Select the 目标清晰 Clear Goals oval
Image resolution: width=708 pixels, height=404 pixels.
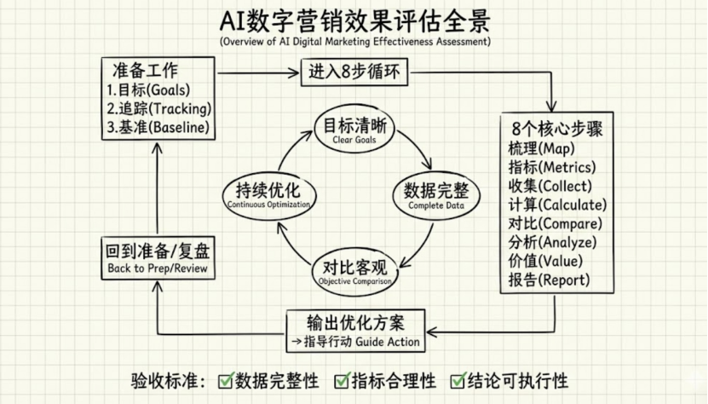(x=354, y=130)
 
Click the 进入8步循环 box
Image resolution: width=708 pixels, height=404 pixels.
(x=354, y=73)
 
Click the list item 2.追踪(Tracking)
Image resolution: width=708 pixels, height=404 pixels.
(x=159, y=109)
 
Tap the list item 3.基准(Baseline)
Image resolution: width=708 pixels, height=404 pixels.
(x=159, y=129)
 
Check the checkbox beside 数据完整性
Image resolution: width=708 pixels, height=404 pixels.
(x=227, y=380)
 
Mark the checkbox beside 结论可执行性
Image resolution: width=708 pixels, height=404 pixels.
(x=458, y=380)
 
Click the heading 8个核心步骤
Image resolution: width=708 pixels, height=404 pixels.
(x=558, y=130)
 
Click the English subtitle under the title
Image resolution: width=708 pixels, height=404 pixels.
(x=354, y=41)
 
